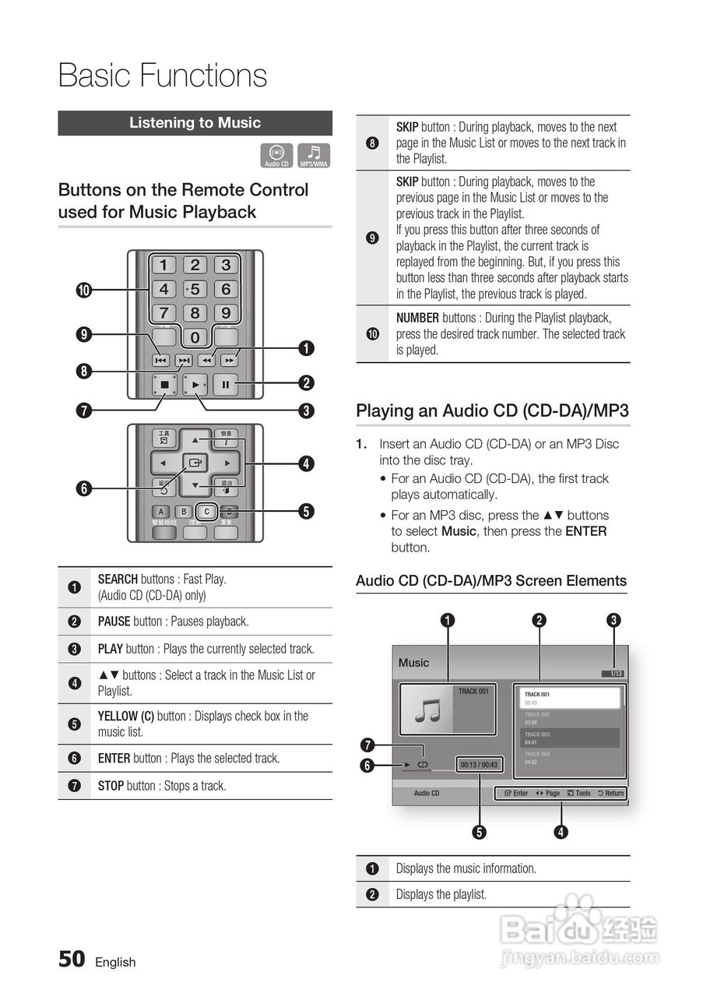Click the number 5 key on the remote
tap(195, 289)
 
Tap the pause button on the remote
tap(226, 384)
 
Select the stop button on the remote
tap(164, 384)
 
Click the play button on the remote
tap(195, 384)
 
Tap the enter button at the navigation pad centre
tap(195, 463)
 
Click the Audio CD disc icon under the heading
tap(276, 156)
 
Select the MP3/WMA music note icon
tap(314, 156)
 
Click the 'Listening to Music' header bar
tap(195, 123)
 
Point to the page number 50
tap(72, 959)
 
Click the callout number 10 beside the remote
tap(83, 291)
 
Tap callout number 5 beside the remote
tap(307, 512)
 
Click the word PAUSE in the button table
tap(114, 622)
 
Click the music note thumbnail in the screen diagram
tap(426, 710)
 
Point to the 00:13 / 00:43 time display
tap(479, 765)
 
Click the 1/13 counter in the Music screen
tap(616, 674)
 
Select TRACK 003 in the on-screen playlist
tap(537, 735)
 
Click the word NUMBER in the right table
tap(417, 318)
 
